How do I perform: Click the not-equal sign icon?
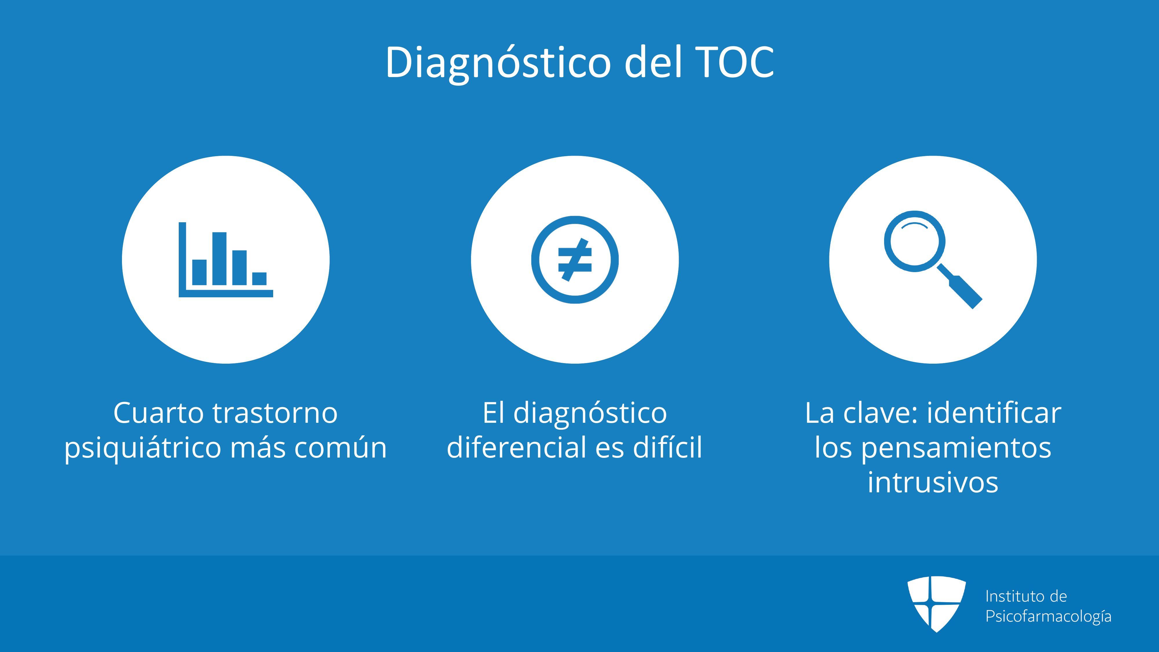[575, 260]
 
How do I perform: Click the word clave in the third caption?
[881, 413]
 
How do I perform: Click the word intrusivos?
[933, 482]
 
